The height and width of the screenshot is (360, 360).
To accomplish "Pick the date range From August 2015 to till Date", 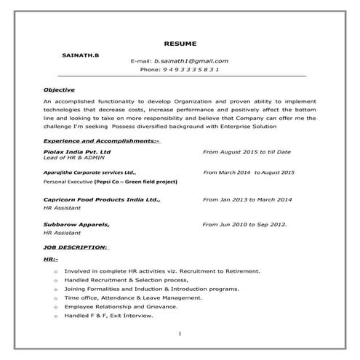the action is [247, 151].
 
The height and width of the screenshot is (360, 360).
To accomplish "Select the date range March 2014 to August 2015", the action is [249, 172].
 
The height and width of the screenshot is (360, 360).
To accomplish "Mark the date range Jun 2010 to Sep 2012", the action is [244, 225].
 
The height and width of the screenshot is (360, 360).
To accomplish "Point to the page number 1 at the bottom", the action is [179, 334].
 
